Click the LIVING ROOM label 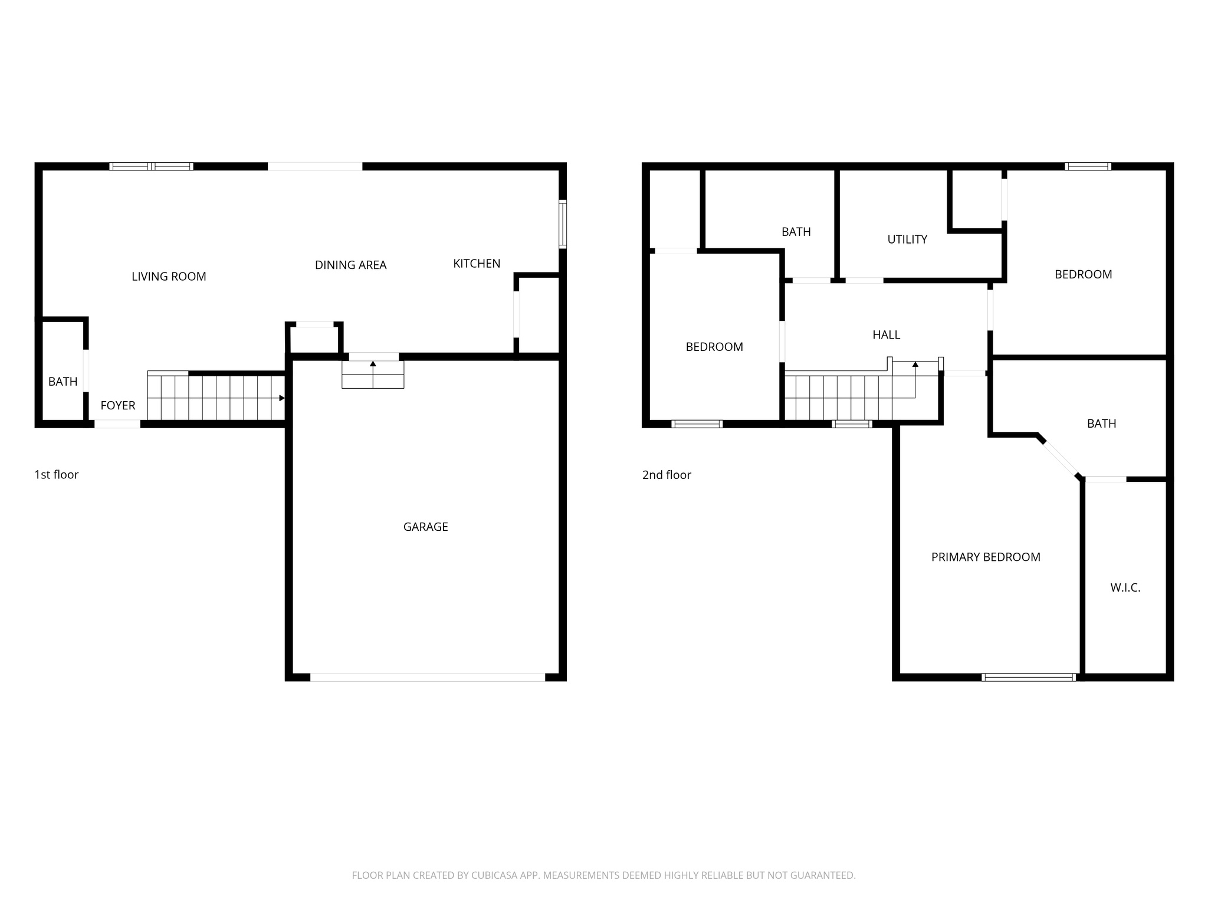point(169,277)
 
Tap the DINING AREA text point(350,265)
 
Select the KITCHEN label point(477,264)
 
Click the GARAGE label point(425,527)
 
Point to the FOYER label point(118,405)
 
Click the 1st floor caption point(57,475)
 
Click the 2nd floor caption point(667,475)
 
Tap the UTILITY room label point(907,239)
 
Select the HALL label point(886,335)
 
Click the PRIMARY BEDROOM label point(986,557)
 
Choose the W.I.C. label point(1125,587)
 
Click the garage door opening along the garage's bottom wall point(428,677)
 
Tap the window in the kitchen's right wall point(563,224)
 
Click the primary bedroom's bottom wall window point(1029,677)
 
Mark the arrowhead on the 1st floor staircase point(281,398)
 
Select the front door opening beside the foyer point(117,424)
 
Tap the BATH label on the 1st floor point(63,382)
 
